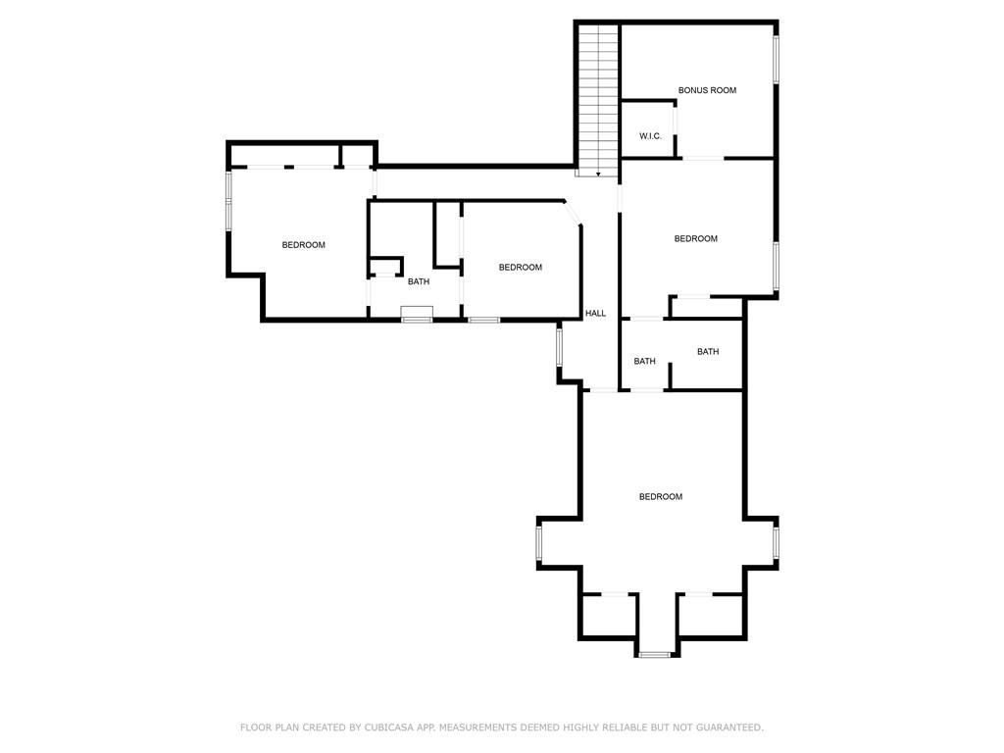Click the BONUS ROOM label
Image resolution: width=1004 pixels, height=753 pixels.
pyautogui.click(x=707, y=90)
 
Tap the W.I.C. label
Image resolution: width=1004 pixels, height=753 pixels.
pyautogui.click(x=650, y=136)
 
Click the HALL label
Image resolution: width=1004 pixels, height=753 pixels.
pyautogui.click(x=595, y=313)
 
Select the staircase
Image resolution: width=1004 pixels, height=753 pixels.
pyautogui.click(x=599, y=100)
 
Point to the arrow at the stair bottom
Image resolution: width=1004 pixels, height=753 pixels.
pyautogui.click(x=598, y=174)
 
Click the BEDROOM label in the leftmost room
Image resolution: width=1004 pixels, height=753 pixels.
pyautogui.click(x=304, y=244)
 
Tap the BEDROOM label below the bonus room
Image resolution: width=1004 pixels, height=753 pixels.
pyautogui.click(x=695, y=239)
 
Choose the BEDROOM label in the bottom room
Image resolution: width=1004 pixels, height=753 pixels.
pyautogui.click(x=661, y=496)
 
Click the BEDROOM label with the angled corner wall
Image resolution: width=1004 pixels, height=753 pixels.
pyautogui.click(x=520, y=267)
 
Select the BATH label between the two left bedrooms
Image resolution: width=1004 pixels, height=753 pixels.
pyautogui.click(x=419, y=281)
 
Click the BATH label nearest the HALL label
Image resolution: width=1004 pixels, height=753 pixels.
pyautogui.click(x=645, y=361)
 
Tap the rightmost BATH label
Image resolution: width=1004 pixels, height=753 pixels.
pyautogui.click(x=708, y=352)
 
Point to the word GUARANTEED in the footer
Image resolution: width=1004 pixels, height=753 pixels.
pyautogui.click(x=729, y=728)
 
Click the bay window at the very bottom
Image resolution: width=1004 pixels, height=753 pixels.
pyautogui.click(x=655, y=654)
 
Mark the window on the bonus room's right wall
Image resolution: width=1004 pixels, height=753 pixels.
pyautogui.click(x=777, y=60)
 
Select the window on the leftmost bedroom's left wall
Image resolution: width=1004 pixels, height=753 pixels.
pyautogui.click(x=228, y=201)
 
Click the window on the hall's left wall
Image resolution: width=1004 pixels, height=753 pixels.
pyautogui.click(x=559, y=347)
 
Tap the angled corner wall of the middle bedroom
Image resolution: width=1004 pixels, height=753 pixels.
pyautogui.click(x=573, y=212)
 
